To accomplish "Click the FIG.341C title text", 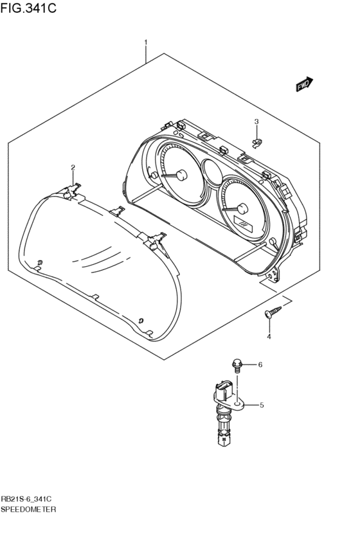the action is pos(28,8).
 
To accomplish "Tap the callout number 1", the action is pos(146,42).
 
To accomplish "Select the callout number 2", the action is pos(73,168).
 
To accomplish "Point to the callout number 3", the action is pos(256,121).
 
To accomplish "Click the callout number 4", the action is pos(269,337).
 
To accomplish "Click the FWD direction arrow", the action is pos(305,84).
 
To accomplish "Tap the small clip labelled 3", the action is pos(256,142).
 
